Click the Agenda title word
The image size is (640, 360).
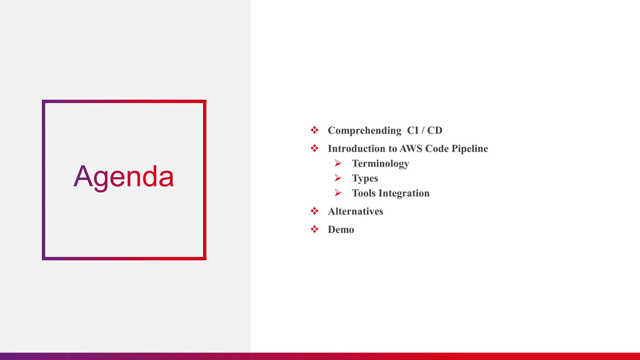pyautogui.click(x=123, y=177)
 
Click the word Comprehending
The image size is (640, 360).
pyautogui.click(x=364, y=131)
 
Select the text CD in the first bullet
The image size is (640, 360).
pyautogui.click(x=435, y=130)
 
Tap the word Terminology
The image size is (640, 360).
pyautogui.click(x=380, y=164)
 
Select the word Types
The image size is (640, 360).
pyautogui.click(x=365, y=178)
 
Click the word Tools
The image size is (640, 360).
pyautogui.click(x=364, y=193)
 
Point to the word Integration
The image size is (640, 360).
pyautogui.click(x=404, y=193)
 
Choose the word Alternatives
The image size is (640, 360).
pyautogui.click(x=355, y=211)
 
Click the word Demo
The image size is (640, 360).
pyautogui.click(x=341, y=230)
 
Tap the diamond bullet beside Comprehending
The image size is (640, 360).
pyautogui.click(x=314, y=130)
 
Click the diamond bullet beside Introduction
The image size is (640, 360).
pyautogui.click(x=314, y=148)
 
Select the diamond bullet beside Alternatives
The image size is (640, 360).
pyautogui.click(x=314, y=211)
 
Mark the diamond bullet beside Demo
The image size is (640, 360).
pyautogui.click(x=314, y=229)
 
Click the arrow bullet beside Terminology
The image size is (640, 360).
pyautogui.click(x=338, y=163)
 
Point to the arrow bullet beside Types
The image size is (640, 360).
pyautogui.click(x=338, y=178)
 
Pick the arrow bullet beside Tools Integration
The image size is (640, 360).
pyautogui.click(x=338, y=193)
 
